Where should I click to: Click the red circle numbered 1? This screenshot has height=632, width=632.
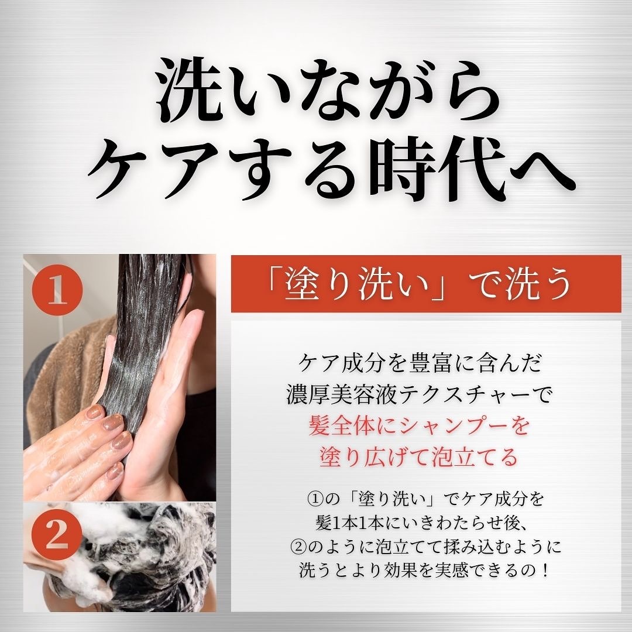[57, 290]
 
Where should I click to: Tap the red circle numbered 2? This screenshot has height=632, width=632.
[57, 534]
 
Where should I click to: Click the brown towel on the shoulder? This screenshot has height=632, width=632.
[60, 375]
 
